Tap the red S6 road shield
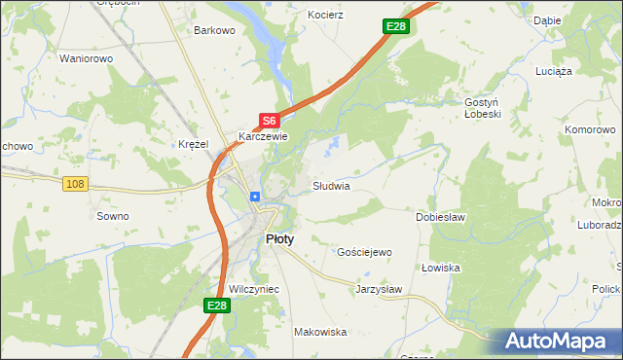coord(270,121)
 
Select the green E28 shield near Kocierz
coord(395,26)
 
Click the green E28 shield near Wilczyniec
coord(217,306)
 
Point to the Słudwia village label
coord(331,186)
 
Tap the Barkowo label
coord(215,30)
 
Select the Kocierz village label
coord(326,17)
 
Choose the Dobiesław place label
coord(441,217)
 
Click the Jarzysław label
coord(379,289)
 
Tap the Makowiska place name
coord(320,332)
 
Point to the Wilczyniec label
coord(254,290)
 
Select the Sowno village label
coord(112,216)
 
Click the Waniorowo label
coord(88,58)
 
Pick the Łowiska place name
coord(441,268)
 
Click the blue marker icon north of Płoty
coord(255,197)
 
